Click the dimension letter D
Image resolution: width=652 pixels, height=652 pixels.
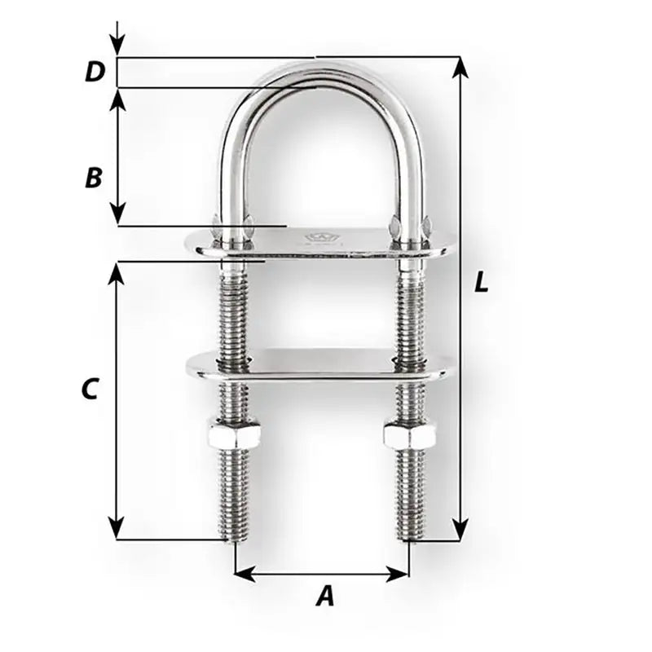tap(95, 72)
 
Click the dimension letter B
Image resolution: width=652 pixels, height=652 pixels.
tap(94, 177)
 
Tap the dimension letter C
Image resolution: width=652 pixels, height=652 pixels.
tap(90, 390)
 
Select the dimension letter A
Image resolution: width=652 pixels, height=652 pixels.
tap(324, 597)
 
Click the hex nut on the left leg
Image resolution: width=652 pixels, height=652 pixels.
tap(235, 434)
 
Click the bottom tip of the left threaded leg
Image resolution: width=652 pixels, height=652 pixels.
tap(235, 538)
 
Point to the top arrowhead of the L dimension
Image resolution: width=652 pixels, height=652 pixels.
tap(460, 65)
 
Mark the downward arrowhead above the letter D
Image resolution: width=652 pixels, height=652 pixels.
tap(118, 49)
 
